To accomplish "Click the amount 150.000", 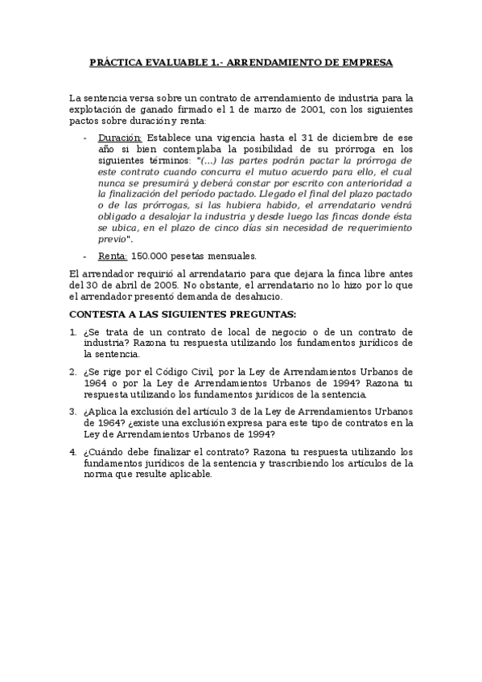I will [149, 257].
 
